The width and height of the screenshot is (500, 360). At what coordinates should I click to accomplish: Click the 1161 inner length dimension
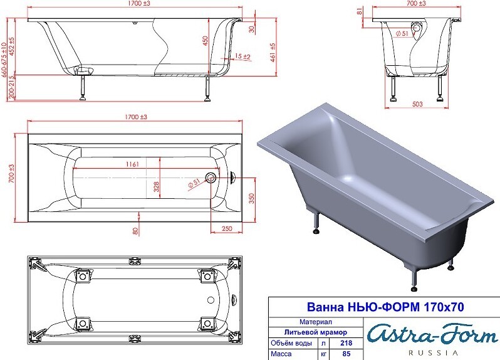[x=132, y=164]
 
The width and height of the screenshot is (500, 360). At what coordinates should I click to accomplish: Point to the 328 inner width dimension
[x=156, y=187]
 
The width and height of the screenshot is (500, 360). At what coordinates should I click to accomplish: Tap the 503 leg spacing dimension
[x=417, y=104]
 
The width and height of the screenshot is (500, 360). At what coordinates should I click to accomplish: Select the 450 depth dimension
[x=205, y=41]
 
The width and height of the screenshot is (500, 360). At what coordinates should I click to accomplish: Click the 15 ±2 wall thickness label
[x=242, y=57]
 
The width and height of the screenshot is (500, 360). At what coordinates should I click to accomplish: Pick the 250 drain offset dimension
[x=227, y=228]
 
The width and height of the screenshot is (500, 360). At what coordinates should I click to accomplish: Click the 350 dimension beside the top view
[x=252, y=199]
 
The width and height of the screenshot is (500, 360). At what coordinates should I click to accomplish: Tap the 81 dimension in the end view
[x=360, y=11]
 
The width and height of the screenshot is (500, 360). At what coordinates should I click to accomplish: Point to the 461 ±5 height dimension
[x=273, y=53]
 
